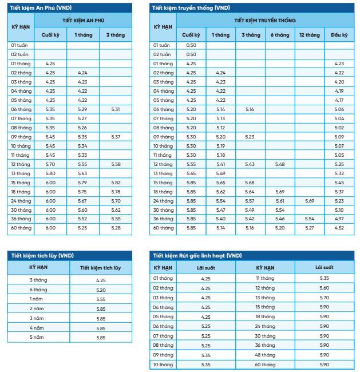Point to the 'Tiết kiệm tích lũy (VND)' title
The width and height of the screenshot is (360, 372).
(x=43, y=255)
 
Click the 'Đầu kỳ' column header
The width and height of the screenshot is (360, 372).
(x=339, y=35)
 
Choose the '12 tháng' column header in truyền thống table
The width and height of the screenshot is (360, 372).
(x=310, y=35)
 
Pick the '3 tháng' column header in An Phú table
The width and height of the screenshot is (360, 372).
(x=116, y=35)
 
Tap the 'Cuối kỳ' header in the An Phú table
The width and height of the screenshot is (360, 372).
(x=50, y=35)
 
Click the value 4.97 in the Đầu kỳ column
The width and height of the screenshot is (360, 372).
(x=339, y=219)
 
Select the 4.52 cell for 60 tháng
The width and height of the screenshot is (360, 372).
(x=339, y=228)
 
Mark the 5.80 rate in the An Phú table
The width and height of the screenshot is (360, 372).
(x=50, y=173)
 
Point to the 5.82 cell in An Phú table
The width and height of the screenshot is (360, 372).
(x=116, y=182)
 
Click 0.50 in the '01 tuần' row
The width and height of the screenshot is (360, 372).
(x=191, y=45)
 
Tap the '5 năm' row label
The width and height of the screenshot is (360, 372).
(x=39, y=338)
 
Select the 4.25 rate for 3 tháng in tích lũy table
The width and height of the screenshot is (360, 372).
(x=101, y=280)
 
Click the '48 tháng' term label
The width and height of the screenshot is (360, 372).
(x=266, y=355)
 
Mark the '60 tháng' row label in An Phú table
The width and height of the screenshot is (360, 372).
(x=21, y=228)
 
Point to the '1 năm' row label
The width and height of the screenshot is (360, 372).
(x=39, y=299)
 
